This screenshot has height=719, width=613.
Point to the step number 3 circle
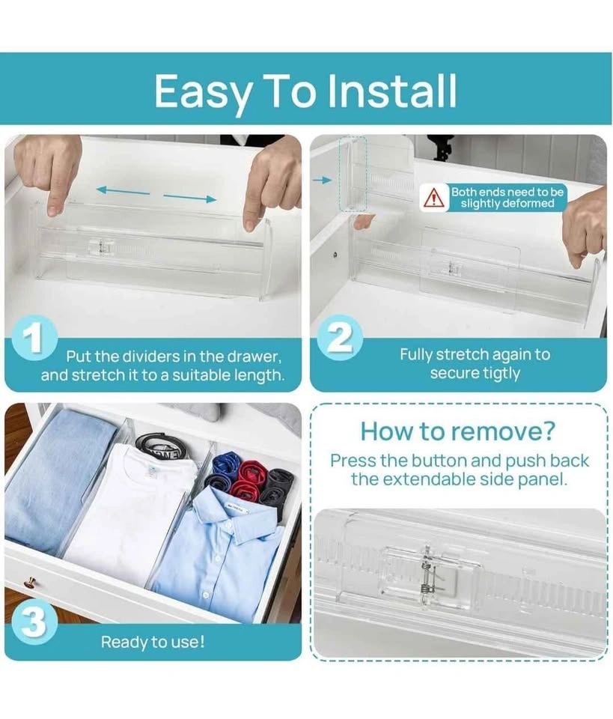tap(34, 624)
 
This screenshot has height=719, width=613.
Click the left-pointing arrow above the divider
tap(123, 190)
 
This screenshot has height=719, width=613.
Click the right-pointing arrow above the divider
tap(189, 198)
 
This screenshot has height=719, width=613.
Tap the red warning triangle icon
tap(433, 198)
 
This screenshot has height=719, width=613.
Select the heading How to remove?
tap(457, 431)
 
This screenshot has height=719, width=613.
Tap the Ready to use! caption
tap(153, 642)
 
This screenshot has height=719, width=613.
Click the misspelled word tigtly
tap(498, 374)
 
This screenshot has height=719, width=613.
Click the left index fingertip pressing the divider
tap(55, 209)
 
